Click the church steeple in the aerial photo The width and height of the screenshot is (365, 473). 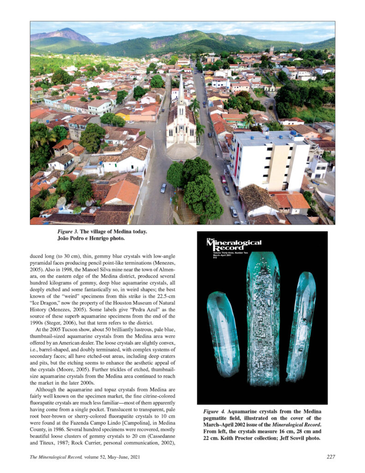coord(181,90)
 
